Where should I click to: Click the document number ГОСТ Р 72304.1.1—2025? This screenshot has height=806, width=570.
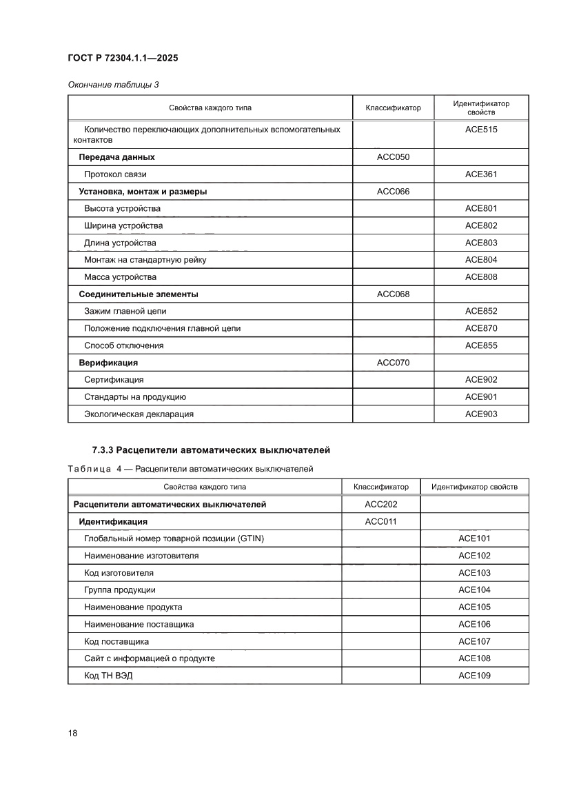click(123, 59)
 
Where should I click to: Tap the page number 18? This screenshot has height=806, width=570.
click(72, 733)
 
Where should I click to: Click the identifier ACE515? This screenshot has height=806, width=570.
click(480, 130)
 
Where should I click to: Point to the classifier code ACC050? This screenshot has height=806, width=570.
click(393, 157)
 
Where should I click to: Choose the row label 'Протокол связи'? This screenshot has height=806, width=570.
click(115, 174)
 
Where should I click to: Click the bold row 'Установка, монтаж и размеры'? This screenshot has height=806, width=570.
click(143, 192)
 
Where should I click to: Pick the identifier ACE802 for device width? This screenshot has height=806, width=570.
click(480, 225)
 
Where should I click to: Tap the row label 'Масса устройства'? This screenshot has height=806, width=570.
click(120, 277)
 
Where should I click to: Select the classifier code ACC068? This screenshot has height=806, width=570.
click(393, 294)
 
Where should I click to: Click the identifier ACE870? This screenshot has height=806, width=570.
click(480, 328)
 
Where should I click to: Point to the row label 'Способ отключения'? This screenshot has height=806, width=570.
click(124, 345)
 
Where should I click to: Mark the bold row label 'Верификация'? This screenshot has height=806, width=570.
click(108, 363)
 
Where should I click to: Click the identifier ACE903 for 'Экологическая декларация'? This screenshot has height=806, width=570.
click(480, 414)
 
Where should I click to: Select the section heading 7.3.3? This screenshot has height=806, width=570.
click(211, 450)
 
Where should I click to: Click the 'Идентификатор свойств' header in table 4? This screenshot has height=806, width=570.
click(474, 487)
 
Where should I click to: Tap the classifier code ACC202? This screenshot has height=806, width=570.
click(380, 505)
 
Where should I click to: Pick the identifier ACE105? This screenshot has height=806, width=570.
click(474, 607)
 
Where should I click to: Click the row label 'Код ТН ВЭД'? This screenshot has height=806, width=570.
click(108, 676)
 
